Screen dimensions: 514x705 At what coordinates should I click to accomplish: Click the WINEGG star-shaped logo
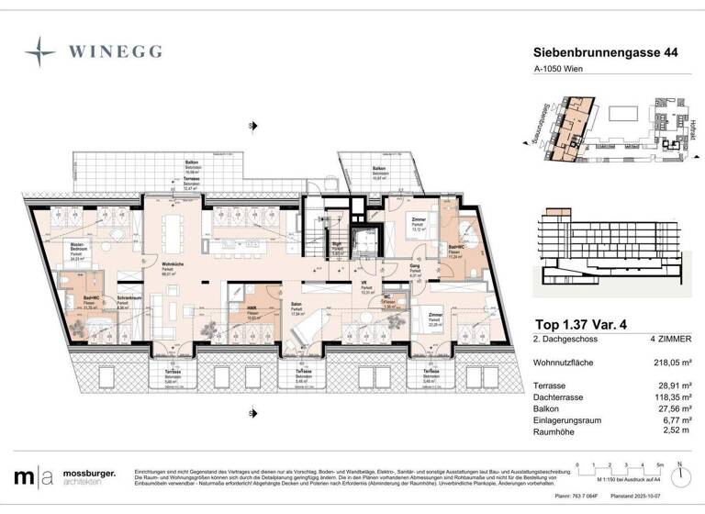[x=41, y=51]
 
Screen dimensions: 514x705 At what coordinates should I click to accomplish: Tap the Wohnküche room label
[x=169, y=268]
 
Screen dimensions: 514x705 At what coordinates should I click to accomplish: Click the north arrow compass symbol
[x=681, y=475]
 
